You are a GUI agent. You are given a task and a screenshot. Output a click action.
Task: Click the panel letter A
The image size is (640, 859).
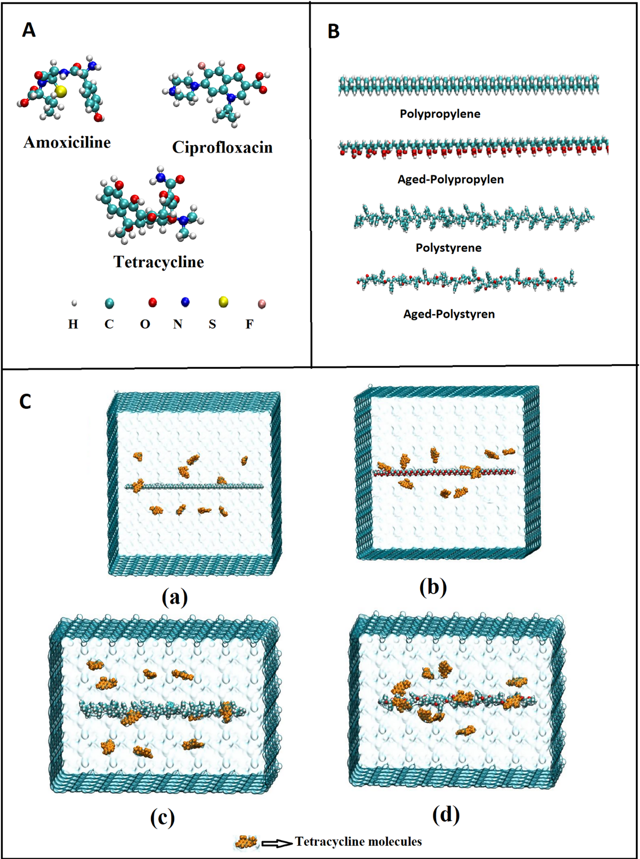click(x=29, y=30)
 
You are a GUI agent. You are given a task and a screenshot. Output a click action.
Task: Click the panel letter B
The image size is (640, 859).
click(x=333, y=31)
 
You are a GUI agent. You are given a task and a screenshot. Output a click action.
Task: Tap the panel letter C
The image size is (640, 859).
click(x=25, y=402)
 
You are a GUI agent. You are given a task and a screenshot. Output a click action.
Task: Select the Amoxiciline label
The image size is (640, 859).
click(x=67, y=143)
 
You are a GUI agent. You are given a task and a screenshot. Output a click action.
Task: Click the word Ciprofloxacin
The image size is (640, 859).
click(x=222, y=148)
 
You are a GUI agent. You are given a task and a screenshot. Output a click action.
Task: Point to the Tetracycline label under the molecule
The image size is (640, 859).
click(x=158, y=262)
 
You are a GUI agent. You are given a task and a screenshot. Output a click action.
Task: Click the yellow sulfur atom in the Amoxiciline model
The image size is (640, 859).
click(x=60, y=92)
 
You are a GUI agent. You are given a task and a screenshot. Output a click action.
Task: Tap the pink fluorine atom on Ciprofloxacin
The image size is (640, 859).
click(x=202, y=65)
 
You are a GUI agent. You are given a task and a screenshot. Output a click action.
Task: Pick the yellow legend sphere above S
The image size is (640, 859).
click(x=223, y=302)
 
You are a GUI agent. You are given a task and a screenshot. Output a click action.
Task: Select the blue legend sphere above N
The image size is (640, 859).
click(x=185, y=302)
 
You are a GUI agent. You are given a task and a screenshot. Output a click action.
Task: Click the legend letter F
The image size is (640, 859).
click(x=250, y=324)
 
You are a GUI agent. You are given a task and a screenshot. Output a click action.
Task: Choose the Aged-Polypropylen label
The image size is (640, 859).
click(x=450, y=180)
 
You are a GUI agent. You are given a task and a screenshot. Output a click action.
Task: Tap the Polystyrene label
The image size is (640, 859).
click(x=449, y=248)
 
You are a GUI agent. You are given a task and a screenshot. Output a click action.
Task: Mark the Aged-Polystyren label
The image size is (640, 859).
click(x=449, y=314)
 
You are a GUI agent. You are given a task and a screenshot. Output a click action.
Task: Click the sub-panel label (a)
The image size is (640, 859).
click(x=175, y=597)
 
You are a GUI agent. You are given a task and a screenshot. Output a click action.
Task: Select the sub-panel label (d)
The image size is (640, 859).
click(x=446, y=813)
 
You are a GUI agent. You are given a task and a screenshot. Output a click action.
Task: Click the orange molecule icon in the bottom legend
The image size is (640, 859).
click(x=246, y=842)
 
